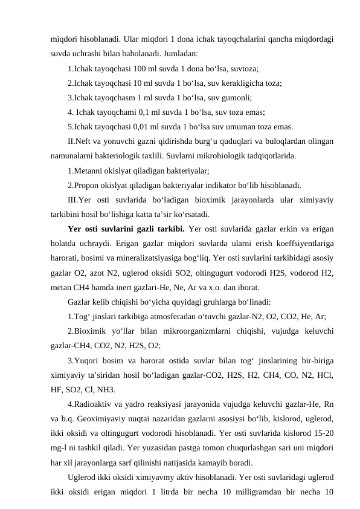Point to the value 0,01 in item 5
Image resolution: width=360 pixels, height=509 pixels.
click(x=131, y=126)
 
